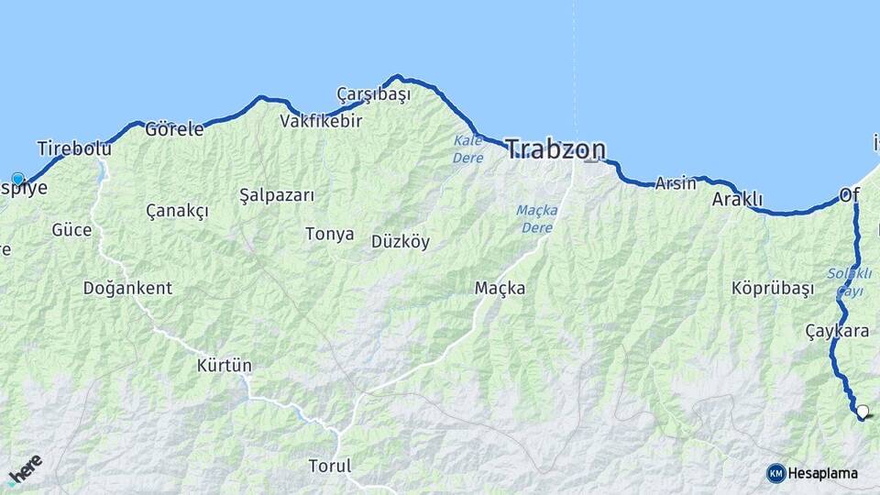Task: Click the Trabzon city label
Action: pos(555,149)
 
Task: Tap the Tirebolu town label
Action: pos(73,148)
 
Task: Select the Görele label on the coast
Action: pos(174,129)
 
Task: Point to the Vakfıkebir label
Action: pos(321,120)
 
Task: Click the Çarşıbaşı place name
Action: pos(373,93)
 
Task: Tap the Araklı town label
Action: pos(737,199)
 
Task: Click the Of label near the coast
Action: pos(849,195)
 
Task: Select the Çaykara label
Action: pos(837,331)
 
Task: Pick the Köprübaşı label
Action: pos(773,288)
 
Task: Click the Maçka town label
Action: pos(500,288)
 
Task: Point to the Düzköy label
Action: pos(401,242)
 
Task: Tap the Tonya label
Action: pos(330,234)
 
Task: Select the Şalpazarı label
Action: pos(277,195)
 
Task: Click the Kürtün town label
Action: pos(224,366)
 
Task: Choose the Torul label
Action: pos(330,466)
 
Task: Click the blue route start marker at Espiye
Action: pos(17,179)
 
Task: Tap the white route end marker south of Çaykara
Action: pos(862,412)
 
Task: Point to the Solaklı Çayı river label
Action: pos(844,282)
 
